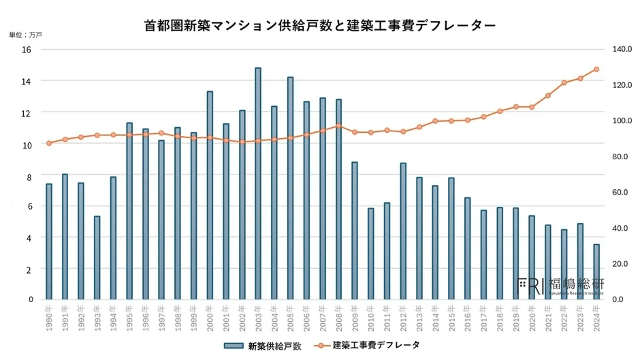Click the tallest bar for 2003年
click(258, 184)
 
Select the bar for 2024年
click(596, 272)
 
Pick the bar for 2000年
click(210, 195)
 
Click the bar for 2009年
click(355, 231)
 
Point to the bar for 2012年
click(403, 231)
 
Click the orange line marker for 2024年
click(596, 69)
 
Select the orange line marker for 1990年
click(49, 143)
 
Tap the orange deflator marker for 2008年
click(338, 126)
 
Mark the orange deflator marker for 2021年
click(548, 95)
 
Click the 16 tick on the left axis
click(27, 50)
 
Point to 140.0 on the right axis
click(622, 50)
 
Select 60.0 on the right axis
click(622, 193)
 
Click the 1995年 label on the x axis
click(129, 318)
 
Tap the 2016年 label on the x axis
click(468, 318)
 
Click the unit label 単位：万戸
click(26, 35)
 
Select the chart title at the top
click(320, 25)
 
